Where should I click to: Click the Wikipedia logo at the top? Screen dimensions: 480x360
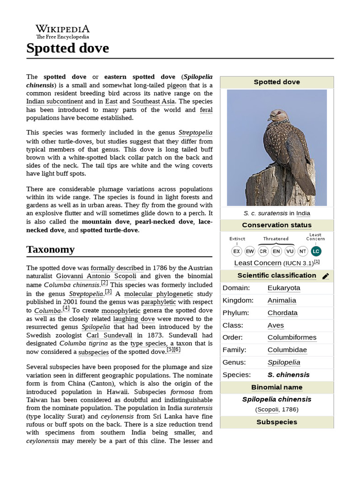63,31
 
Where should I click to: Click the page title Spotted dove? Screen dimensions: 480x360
67,48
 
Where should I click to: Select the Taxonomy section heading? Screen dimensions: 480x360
50,249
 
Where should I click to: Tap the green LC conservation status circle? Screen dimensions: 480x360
315,251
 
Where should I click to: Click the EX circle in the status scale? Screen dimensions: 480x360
237,251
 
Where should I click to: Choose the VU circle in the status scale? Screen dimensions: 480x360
290,251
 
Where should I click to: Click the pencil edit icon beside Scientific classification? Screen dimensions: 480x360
326,276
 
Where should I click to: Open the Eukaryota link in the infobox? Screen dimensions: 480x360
284,288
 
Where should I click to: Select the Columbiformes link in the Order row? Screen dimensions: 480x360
292,337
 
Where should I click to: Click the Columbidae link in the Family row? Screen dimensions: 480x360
287,350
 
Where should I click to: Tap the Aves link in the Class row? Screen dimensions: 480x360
276,325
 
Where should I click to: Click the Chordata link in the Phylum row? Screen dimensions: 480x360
282,313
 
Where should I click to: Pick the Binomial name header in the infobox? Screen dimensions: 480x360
277,387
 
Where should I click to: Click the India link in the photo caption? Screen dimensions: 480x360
303,213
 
